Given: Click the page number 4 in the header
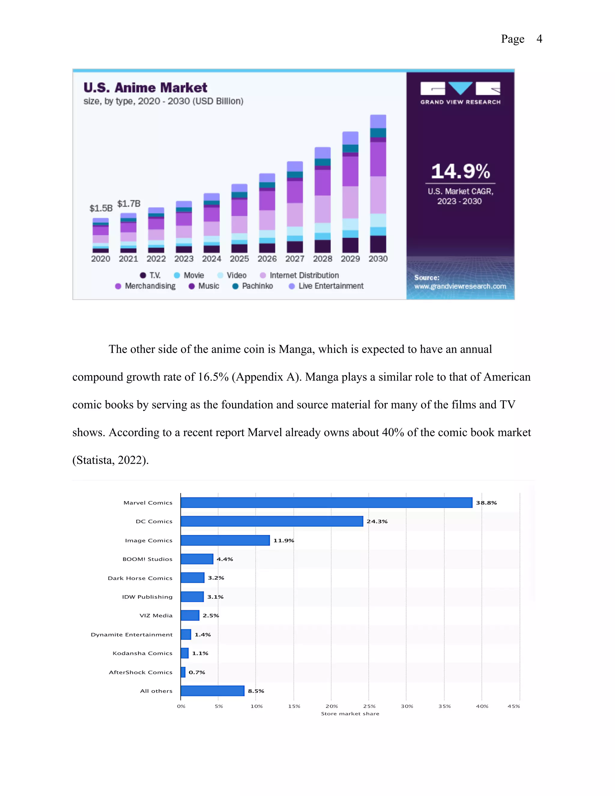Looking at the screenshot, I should coord(539,39).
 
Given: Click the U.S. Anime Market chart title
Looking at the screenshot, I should coord(145,87).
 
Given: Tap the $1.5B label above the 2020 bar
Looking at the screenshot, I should coord(101,208).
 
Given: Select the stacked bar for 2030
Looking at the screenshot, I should coord(378,184).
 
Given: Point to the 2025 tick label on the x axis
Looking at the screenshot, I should coord(239,258).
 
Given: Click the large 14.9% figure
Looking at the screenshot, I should coord(460,171).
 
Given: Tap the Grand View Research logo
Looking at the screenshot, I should coord(460,93).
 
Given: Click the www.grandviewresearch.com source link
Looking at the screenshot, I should coord(460,287).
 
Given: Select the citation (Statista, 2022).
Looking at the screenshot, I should coord(111,460).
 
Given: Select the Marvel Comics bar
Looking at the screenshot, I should coord(326,503).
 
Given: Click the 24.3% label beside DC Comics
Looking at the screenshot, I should coord(377,521).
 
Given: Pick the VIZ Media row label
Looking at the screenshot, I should coord(156,615).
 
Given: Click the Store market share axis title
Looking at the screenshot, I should coord(350,714).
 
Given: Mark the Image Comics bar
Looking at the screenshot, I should coord(225,540).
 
